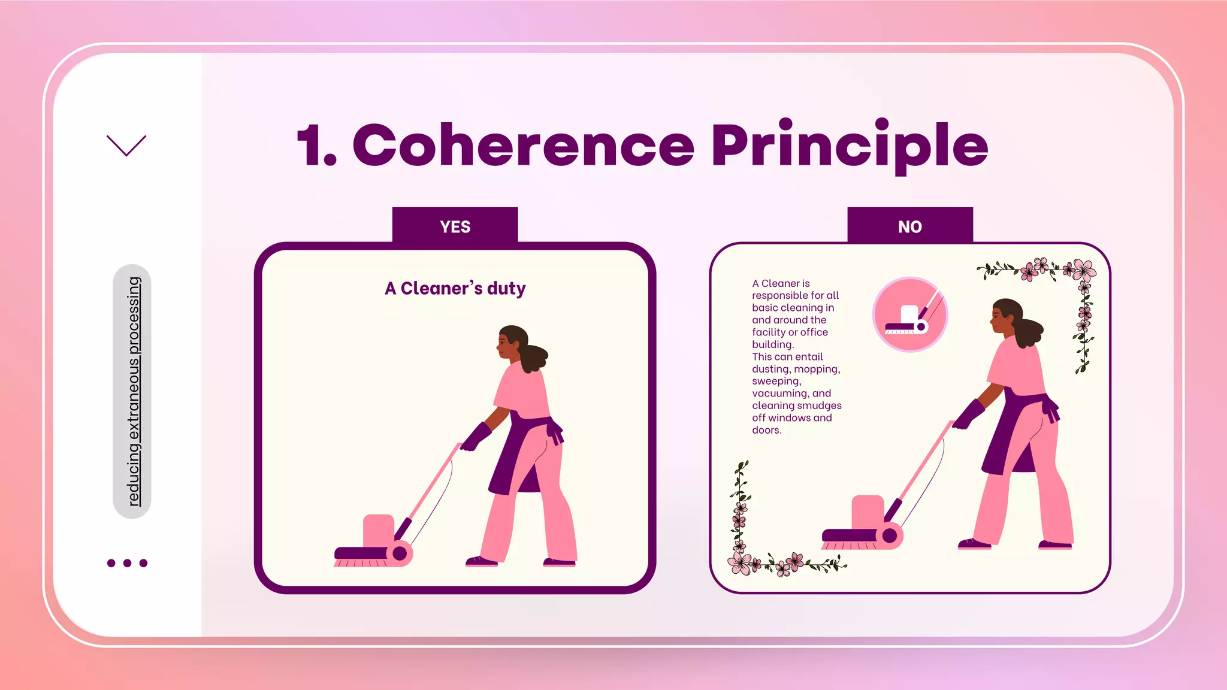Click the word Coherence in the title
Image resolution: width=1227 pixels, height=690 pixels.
coord(522,146)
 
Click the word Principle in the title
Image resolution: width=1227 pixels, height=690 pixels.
coord(850,146)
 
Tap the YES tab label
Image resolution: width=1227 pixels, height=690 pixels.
coord(455,227)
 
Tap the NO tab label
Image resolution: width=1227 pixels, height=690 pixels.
coord(909,227)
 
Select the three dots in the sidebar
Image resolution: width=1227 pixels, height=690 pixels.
coord(127,563)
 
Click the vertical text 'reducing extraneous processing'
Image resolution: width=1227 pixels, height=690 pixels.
coord(133,391)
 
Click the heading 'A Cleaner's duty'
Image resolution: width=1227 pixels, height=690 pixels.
coord(455,289)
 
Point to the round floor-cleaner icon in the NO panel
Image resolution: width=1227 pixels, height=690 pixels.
coord(909,314)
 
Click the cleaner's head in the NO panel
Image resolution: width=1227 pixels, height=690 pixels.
coord(1007,317)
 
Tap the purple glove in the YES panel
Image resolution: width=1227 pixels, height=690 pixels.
coord(476,437)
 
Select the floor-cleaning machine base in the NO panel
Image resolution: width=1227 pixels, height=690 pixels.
coord(863,524)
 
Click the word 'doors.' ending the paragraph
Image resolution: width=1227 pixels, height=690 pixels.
coord(766,430)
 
